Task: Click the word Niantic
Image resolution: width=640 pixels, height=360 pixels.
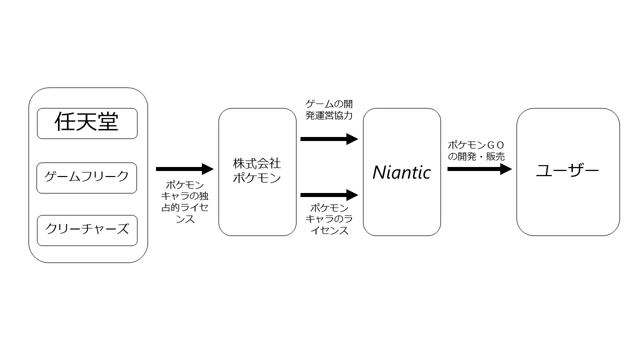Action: [401, 172]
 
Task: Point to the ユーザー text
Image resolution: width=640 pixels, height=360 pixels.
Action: [567, 170]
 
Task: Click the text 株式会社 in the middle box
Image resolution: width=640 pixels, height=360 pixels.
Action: [257, 163]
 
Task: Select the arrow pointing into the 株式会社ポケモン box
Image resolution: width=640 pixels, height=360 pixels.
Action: [184, 169]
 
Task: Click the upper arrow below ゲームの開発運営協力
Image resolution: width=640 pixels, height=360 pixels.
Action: [329, 139]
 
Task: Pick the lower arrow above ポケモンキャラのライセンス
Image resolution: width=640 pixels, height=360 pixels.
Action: [329, 195]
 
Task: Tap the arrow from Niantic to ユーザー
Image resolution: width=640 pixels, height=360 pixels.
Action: [479, 169]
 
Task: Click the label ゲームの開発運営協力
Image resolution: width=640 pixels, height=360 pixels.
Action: [329, 109]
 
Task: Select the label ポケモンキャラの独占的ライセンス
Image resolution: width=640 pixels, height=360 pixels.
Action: [184, 202]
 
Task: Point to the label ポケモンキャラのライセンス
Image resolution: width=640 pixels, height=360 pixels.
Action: [329, 219]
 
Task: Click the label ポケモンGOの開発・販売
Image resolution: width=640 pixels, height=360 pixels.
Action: [476, 151]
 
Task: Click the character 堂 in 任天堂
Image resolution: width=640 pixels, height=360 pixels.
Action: [108, 121]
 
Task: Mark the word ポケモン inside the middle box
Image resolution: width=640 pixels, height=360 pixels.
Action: [257, 178]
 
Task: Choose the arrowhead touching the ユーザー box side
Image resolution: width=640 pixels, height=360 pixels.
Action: [506, 169]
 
